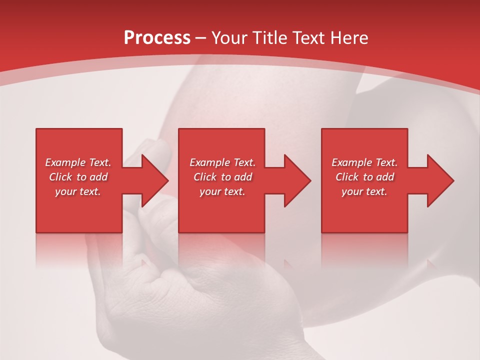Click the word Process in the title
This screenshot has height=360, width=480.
(x=157, y=38)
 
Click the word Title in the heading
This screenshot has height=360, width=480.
(x=269, y=38)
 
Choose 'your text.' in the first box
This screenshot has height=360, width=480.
(x=78, y=191)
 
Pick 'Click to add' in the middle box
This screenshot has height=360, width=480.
(x=222, y=177)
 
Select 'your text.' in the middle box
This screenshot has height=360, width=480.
(x=222, y=191)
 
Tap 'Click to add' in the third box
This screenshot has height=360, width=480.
(x=364, y=177)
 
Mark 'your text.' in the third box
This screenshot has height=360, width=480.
(x=364, y=191)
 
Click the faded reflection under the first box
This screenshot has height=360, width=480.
(x=78, y=250)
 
